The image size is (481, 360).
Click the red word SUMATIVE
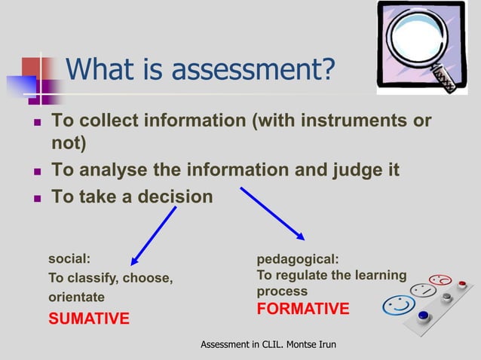(89, 319)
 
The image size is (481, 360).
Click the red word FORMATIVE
(303, 309)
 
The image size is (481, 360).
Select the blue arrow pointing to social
(155, 235)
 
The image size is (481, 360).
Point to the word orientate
(76, 297)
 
